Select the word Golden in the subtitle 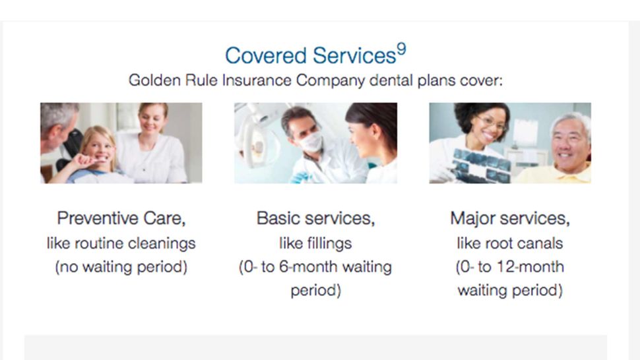tap(151, 80)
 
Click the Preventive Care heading tap(121, 218)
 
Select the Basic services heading tap(315, 218)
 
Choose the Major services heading tap(509, 218)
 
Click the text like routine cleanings tap(121, 243)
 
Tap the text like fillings tap(315, 243)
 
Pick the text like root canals tap(509, 243)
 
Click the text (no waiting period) tap(121, 267)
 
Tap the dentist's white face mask tap(309, 140)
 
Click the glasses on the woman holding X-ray tap(491, 125)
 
